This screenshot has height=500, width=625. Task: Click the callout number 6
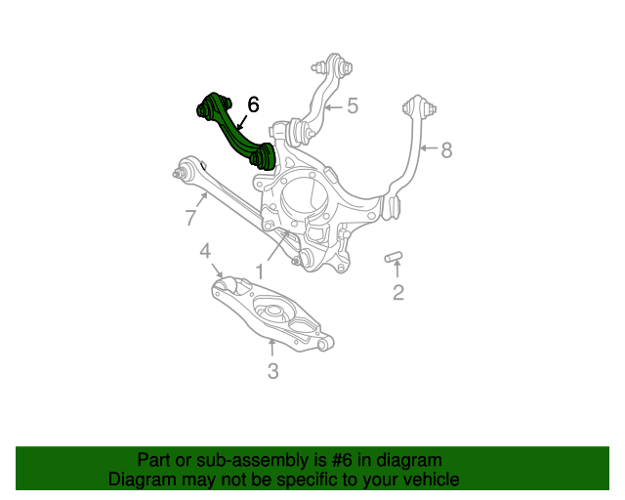pyautogui.click(x=253, y=104)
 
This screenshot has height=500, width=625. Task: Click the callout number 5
pyautogui.click(x=352, y=105)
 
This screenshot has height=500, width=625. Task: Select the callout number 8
pyautogui.click(x=446, y=150)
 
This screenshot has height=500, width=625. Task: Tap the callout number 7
pyautogui.click(x=190, y=218)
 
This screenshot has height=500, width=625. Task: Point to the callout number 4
pyautogui.click(x=205, y=252)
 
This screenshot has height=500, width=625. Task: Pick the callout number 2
pyautogui.click(x=397, y=292)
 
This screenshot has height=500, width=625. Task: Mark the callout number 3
pyautogui.click(x=272, y=370)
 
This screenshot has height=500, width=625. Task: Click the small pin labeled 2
pyautogui.click(x=395, y=257)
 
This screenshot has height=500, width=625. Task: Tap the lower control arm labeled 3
pyautogui.click(x=272, y=313)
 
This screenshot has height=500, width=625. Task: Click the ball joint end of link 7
pyautogui.click(x=179, y=174)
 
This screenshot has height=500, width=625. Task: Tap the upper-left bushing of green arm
pyautogui.click(x=210, y=104)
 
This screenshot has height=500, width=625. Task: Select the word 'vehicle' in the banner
pyautogui.click(x=428, y=479)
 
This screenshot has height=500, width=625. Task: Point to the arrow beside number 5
pyautogui.click(x=332, y=105)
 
